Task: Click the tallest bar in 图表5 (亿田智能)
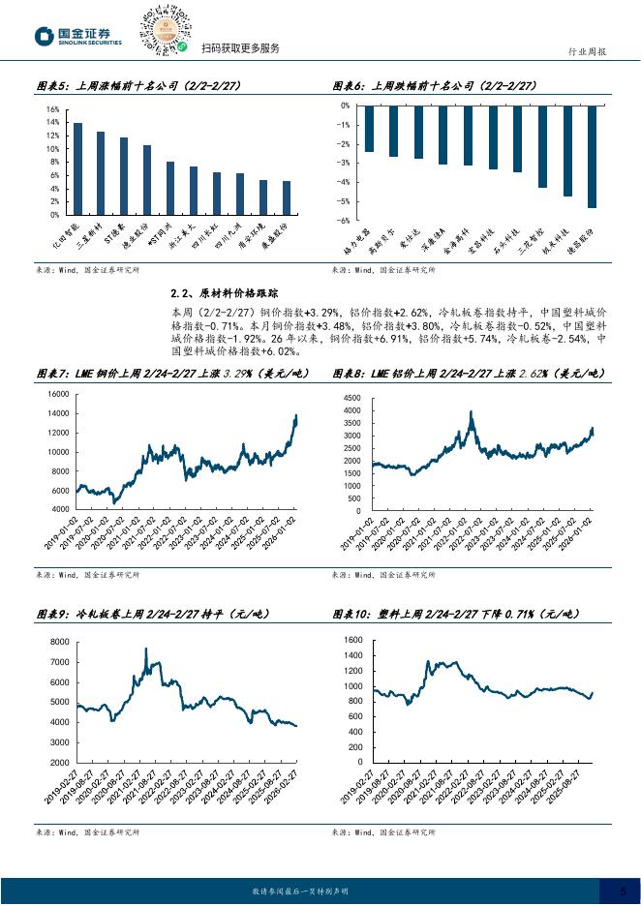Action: pos(77,168)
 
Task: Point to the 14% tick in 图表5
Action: pos(53,109)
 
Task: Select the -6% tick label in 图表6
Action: pos(345,221)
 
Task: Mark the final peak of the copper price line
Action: pos(296,415)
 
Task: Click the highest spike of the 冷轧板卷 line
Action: pos(146,649)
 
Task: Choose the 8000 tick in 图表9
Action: pos(59,642)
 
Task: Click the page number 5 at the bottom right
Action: pos(623,891)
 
